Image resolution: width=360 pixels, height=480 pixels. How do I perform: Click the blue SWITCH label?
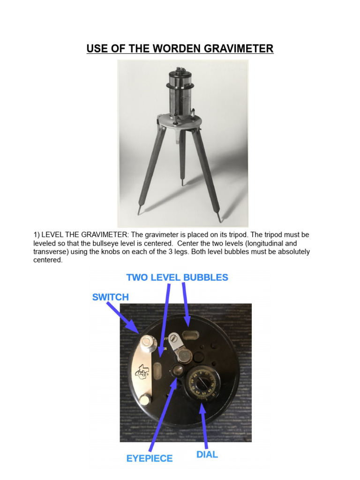[x=111, y=297]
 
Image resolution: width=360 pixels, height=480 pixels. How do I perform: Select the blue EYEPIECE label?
[x=150, y=458]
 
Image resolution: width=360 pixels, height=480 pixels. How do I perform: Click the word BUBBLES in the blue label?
[x=206, y=277]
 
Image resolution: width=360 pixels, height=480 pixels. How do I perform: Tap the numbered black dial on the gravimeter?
[x=204, y=383]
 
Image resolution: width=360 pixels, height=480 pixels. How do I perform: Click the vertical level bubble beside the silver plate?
[x=159, y=368]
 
